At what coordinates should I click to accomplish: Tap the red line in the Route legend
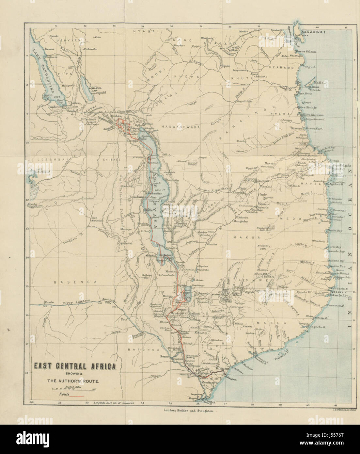coord(78,396)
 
